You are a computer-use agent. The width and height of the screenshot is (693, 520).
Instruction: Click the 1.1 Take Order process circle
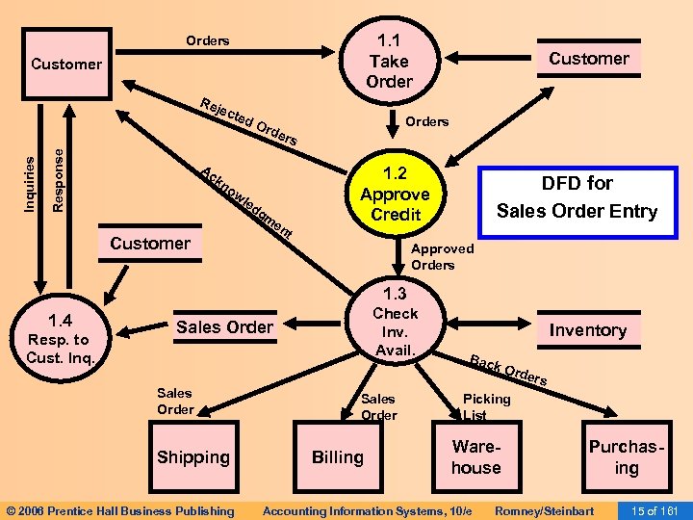tap(389, 60)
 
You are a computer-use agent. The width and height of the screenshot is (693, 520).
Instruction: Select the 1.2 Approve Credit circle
tap(395, 193)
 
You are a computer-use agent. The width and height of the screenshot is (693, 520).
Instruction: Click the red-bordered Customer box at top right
tap(588, 59)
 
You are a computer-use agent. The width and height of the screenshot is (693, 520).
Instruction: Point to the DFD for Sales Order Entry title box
tap(577, 197)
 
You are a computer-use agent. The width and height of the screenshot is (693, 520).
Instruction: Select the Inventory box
tap(587, 330)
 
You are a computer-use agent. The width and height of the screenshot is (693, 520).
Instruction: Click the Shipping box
tap(193, 457)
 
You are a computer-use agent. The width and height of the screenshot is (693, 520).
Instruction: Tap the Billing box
tap(337, 457)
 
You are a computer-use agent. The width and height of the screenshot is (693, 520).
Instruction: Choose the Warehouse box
tap(476, 457)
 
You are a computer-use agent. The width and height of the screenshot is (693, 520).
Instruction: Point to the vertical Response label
tap(59, 173)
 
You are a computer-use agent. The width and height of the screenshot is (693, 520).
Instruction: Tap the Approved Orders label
tap(442, 256)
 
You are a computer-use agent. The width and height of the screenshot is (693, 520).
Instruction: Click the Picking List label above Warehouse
tap(487, 406)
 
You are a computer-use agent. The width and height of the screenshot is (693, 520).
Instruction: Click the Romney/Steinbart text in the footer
tap(543, 510)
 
